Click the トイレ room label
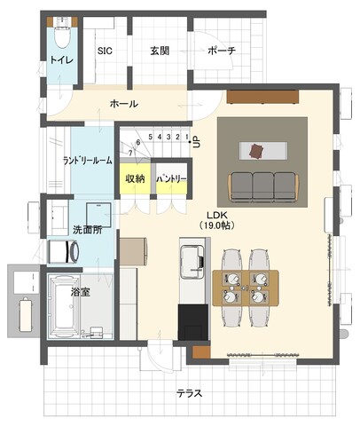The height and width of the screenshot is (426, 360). coord(61,60)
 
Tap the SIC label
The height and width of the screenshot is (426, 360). coord(105,51)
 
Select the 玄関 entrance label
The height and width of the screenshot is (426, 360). coord(160,51)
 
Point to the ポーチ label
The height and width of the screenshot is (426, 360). coord(222,51)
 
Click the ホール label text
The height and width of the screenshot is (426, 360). coord(124,104)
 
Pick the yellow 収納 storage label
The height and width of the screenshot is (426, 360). coord(135,178)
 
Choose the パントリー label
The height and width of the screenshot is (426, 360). coord(171,178)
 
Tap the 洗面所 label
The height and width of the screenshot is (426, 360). coord(88,230)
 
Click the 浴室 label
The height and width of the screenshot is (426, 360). coord(81,292)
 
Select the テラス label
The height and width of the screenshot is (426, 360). coord(190,393)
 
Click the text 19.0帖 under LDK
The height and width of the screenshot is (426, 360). coord(216,225)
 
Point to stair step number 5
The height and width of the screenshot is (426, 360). coord(151,137)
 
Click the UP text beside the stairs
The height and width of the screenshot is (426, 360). coord(196,141)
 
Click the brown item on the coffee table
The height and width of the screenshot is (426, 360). coord(255,150)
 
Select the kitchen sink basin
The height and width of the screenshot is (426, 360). coord(192,262)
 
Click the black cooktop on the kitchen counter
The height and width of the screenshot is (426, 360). coord(193,322)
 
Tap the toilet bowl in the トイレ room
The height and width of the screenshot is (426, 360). coord(62,37)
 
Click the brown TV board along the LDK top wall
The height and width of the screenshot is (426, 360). coord(262,97)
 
